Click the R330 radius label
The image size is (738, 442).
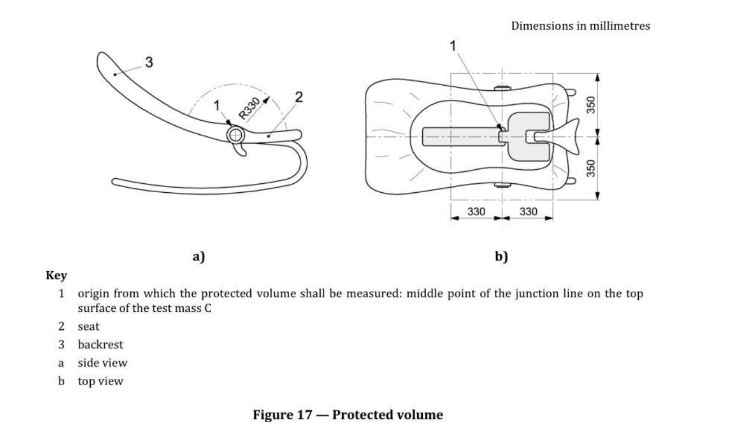pos(249,108)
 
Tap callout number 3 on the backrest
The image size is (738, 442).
pos(149,62)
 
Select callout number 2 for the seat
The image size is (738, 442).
pos(299,97)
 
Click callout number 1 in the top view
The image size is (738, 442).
pos(453,46)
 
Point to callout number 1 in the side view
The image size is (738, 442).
pos(216,106)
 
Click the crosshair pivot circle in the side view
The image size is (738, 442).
pos(236,135)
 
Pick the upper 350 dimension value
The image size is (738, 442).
pos(591,105)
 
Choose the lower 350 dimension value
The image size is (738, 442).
pos(591,169)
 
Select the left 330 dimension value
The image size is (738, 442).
pos(476,211)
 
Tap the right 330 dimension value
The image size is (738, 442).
pos(528,211)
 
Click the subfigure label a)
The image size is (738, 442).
pos(198,257)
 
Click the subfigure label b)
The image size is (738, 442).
pos(501,257)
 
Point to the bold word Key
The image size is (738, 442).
pos(56,275)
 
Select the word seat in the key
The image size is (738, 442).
pos(89,326)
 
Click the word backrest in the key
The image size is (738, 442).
pos(100,344)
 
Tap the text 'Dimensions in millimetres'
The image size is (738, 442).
pos(581,26)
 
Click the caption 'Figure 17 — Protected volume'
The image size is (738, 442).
pos(348,415)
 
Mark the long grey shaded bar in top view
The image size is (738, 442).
pos(462,136)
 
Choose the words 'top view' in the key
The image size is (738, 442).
pos(100,381)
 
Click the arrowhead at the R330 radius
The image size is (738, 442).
pos(266,100)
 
